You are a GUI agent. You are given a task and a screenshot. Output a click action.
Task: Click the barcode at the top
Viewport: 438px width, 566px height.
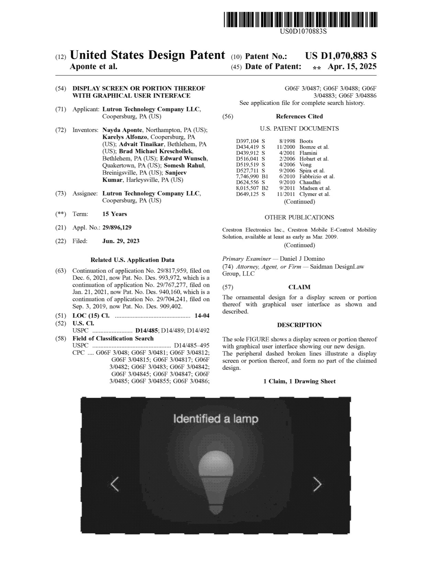300,20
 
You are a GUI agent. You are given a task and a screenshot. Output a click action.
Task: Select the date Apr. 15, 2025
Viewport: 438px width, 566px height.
352,67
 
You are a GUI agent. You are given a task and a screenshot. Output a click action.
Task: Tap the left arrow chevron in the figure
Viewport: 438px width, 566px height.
115,484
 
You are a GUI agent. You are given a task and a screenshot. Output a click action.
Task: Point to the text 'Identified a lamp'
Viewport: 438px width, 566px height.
216,419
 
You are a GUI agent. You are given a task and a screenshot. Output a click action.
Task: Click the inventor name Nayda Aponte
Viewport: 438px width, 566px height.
122,130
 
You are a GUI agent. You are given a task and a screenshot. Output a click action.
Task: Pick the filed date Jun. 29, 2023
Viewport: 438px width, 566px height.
121,241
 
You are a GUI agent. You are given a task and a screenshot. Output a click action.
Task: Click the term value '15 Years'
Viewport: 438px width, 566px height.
115,214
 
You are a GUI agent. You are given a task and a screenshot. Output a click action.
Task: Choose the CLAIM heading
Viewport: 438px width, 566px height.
299,287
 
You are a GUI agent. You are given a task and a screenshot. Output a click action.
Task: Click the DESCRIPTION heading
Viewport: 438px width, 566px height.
299,325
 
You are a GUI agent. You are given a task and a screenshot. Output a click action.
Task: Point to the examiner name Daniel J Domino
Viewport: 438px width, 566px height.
302,259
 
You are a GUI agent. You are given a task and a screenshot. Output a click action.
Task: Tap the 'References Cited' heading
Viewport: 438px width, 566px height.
299,116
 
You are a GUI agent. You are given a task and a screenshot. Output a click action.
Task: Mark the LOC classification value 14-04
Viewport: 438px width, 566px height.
202,316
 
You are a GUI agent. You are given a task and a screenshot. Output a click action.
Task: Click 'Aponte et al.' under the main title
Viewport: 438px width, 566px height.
93,67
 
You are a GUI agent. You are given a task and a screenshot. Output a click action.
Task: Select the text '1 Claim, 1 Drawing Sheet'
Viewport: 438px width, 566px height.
299,381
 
